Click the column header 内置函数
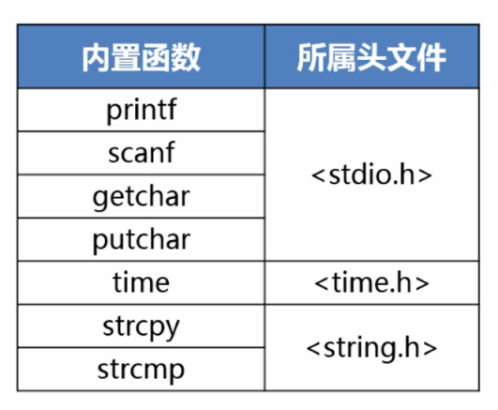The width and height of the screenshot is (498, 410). [x=142, y=58]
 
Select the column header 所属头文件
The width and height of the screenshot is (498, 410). [x=371, y=58]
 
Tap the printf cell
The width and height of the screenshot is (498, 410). [x=142, y=110]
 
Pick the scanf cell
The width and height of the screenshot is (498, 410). [x=142, y=153]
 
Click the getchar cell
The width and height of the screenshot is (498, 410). [x=142, y=197]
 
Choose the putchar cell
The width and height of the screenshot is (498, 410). [x=142, y=240]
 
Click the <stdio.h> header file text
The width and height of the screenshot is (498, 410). [x=371, y=175]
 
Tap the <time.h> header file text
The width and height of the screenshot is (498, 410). [x=371, y=282]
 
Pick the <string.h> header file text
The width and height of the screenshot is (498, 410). [x=371, y=348]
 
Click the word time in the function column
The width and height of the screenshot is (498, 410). [x=142, y=282]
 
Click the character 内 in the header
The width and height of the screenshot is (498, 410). [x=96, y=58]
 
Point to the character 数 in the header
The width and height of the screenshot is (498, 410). [x=186, y=58]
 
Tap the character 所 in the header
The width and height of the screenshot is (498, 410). [x=311, y=58]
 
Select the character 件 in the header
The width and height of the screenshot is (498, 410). [x=432, y=58]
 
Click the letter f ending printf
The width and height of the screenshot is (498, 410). [x=172, y=109]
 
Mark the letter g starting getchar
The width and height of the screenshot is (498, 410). [x=99, y=199]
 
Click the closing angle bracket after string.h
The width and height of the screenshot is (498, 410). [x=430, y=348]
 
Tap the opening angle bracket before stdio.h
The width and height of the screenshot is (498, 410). [x=318, y=175]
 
